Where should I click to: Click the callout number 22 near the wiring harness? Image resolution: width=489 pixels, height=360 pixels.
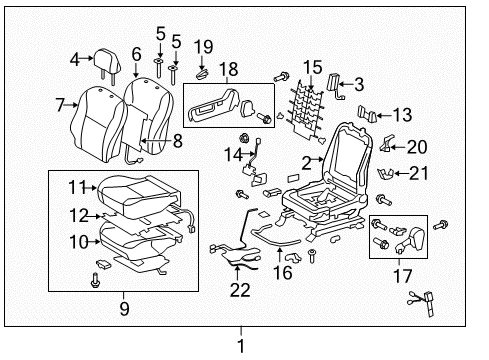[238, 290]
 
